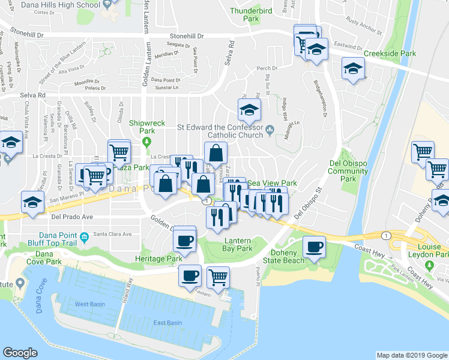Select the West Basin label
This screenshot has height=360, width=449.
[89, 304]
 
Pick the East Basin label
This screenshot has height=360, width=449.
[167, 323]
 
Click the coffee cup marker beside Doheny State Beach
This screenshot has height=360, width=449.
[313, 247]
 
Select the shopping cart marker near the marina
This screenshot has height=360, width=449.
[218, 277]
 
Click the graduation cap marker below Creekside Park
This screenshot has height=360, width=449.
[354, 69]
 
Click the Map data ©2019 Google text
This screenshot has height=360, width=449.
[412, 355]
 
